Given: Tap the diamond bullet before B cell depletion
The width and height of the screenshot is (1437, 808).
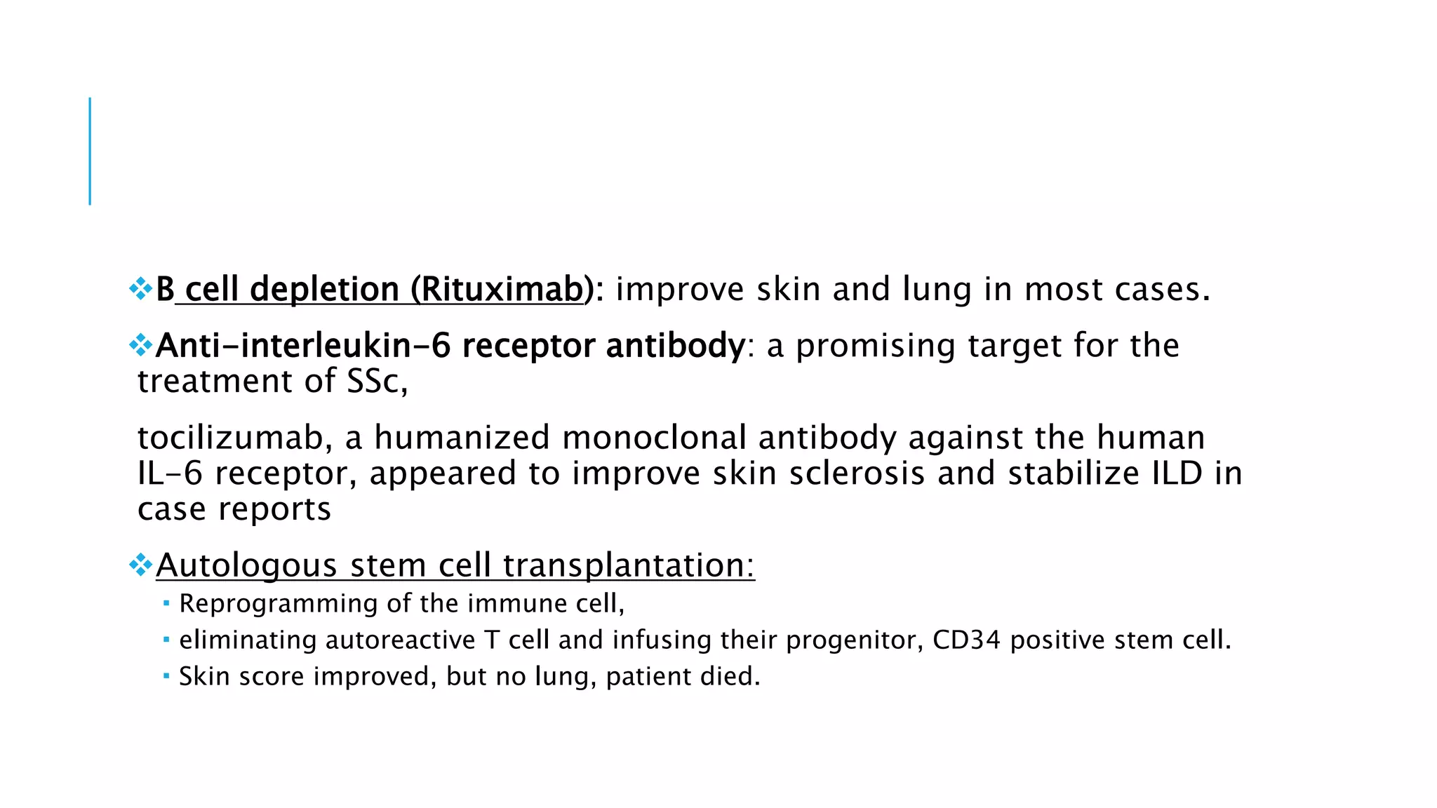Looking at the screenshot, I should pyautogui.click(x=141, y=288).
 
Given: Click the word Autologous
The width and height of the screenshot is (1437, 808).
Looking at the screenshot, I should pyautogui.click(x=246, y=565).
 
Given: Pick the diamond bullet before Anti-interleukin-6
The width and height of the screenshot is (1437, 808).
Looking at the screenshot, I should pyautogui.click(x=141, y=344).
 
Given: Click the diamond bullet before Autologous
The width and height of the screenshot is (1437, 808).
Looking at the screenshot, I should pyautogui.click(x=141, y=564).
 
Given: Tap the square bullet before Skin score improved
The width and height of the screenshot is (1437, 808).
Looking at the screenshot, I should pyautogui.click(x=166, y=676).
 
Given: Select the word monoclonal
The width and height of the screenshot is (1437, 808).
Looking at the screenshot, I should pyautogui.click(x=654, y=438).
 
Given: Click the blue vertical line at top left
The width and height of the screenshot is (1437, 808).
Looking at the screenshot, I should pyautogui.click(x=90, y=151).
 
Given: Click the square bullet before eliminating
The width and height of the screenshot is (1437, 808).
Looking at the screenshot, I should pyautogui.click(x=166, y=640).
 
